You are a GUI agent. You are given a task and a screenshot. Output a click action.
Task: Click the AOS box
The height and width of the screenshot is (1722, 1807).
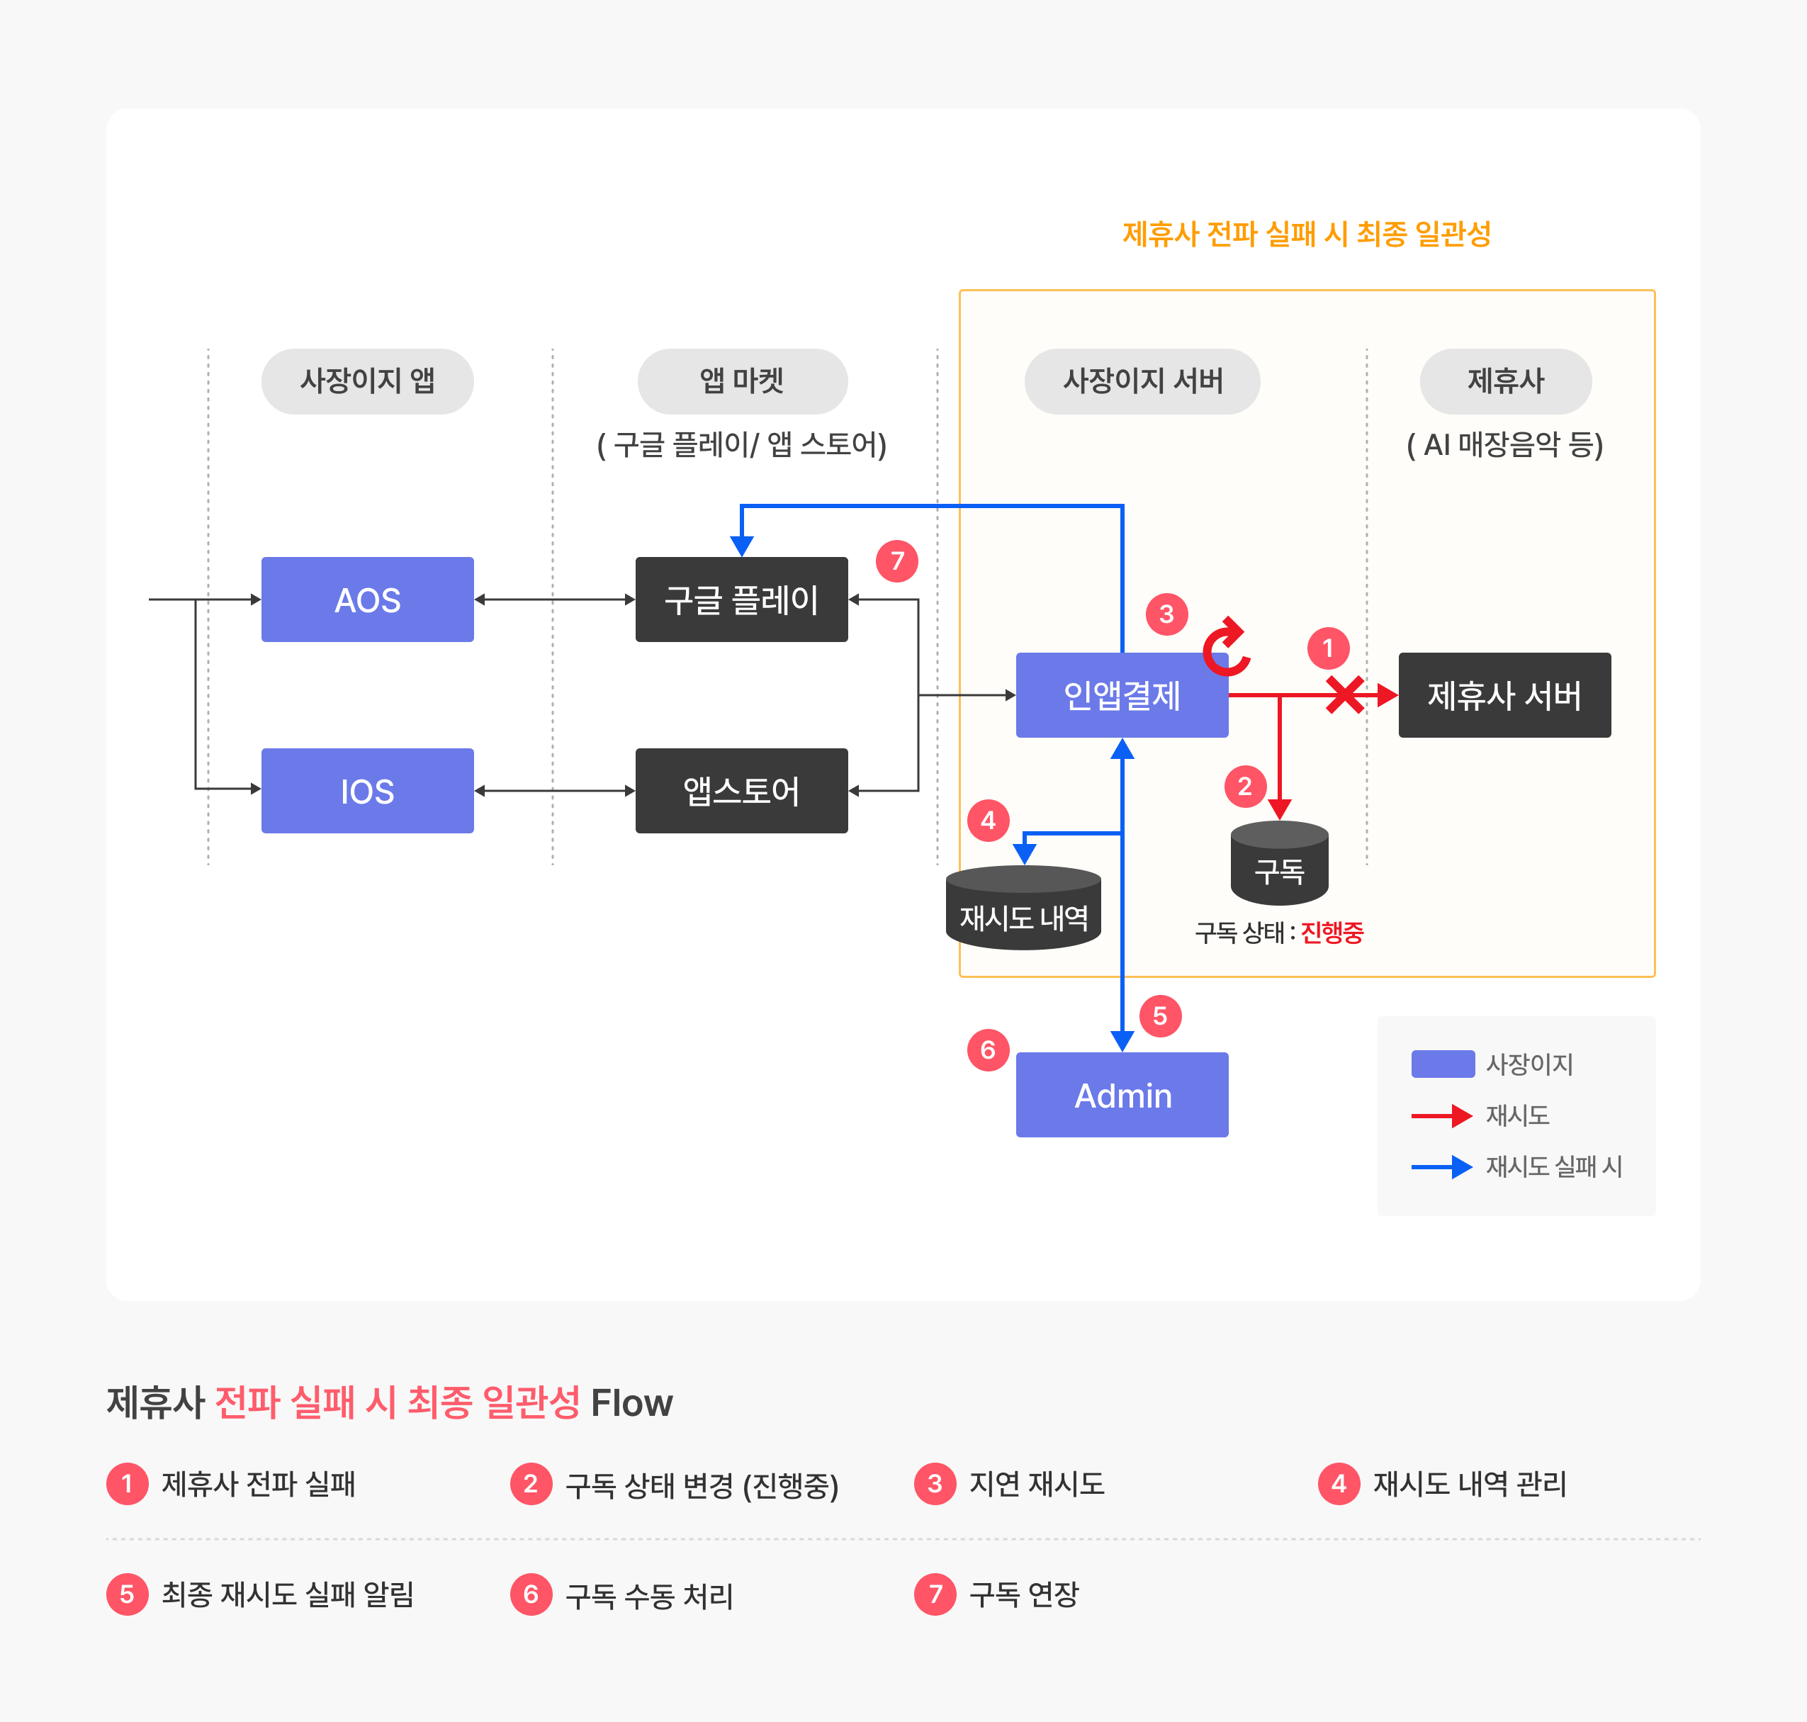click(x=367, y=600)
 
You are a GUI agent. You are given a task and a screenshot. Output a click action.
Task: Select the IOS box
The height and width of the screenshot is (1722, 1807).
click(x=367, y=790)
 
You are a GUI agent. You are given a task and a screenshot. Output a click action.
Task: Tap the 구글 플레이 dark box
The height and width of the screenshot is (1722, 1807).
click(x=741, y=600)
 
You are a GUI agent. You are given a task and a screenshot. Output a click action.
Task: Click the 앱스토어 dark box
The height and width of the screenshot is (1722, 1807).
click(x=741, y=790)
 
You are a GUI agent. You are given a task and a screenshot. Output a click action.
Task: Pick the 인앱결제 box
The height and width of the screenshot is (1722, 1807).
click(x=1122, y=695)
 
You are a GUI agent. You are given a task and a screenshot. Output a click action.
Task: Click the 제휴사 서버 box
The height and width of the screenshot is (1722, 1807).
click(x=1504, y=695)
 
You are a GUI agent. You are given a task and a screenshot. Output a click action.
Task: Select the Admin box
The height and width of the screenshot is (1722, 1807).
click(x=1122, y=1094)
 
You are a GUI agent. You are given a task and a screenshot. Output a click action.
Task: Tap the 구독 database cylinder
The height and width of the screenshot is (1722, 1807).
click(x=1279, y=863)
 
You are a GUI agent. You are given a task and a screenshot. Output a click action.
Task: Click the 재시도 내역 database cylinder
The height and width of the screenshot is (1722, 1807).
click(x=1023, y=907)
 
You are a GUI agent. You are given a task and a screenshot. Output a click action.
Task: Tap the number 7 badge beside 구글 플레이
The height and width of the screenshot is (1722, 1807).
click(x=896, y=561)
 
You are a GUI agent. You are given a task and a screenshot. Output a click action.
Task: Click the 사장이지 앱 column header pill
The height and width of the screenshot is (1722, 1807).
click(x=367, y=381)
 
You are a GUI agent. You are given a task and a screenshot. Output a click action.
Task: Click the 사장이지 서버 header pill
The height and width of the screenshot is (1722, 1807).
click(x=1142, y=381)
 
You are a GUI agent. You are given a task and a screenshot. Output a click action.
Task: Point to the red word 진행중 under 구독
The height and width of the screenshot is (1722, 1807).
click(x=1332, y=933)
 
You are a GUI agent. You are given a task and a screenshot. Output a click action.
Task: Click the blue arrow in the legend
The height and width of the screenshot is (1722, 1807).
click(x=1442, y=1166)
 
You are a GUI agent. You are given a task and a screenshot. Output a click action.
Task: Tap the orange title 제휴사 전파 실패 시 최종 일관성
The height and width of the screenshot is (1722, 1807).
click(x=1306, y=234)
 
